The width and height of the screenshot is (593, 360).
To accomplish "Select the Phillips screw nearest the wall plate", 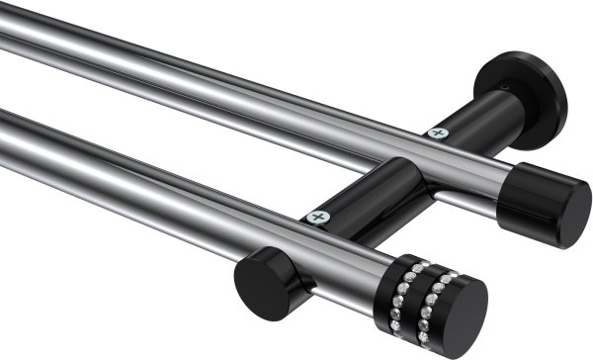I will point(436,132).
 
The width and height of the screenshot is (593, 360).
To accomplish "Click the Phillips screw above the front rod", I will point(316,217).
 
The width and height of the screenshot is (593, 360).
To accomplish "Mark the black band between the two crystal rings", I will point(423,290).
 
